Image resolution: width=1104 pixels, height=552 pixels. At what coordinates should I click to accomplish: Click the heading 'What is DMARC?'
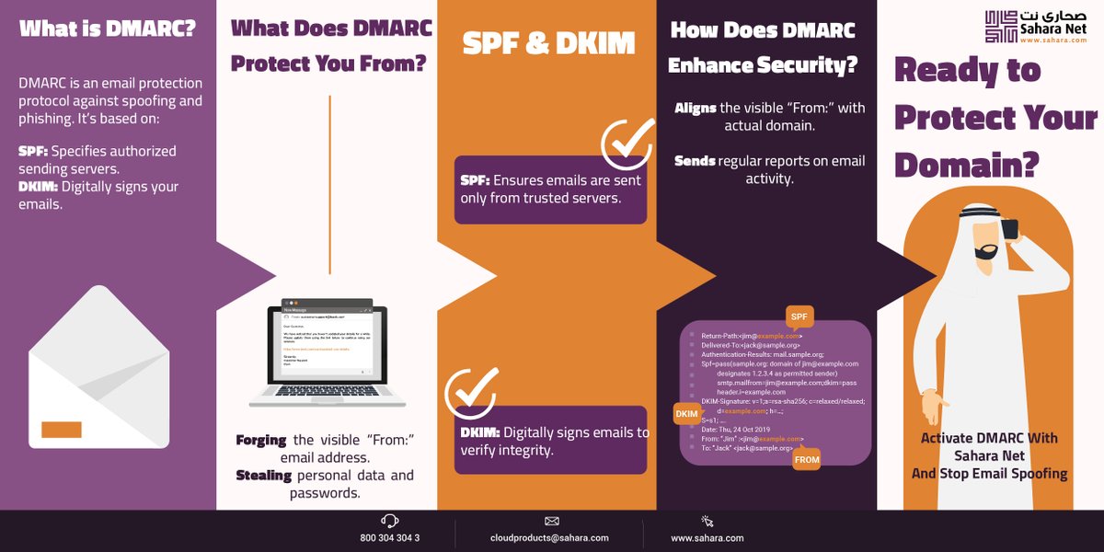[x=108, y=28]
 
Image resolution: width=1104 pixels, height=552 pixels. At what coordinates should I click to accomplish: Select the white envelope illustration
[x=98, y=367]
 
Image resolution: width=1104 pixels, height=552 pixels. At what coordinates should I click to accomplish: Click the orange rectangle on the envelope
[x=62, y=430]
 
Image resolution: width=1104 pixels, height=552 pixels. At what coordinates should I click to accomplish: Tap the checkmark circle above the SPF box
[x=627, y=144]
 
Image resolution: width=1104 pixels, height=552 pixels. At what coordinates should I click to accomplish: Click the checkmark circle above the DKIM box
[x=471, y=394]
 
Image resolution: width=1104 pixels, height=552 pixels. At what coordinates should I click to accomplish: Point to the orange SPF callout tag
[x=799, y=317]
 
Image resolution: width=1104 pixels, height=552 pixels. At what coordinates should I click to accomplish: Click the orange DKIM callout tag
[x=686, y=414]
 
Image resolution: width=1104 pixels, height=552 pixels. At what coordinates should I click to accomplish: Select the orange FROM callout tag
[x=806, y=458]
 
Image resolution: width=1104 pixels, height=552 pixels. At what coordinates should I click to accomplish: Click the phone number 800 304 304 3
[x=390, y=538]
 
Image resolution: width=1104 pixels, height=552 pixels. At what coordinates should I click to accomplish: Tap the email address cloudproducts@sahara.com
[x=549, y=538]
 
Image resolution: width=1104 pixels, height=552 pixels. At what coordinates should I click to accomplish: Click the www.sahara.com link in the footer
[x=707, y=538]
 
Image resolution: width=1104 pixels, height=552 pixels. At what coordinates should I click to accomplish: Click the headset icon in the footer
[x=390, y=521]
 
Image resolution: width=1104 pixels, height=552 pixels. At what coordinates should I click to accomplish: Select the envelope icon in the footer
[x=552, y=521]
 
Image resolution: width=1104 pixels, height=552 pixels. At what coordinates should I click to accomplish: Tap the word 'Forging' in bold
[x=261, y=440]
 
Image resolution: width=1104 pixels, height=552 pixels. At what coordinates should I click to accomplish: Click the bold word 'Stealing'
[x=263, y=476]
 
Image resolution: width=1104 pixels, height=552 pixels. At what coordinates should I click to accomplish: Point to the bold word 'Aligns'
[x=696, y=108]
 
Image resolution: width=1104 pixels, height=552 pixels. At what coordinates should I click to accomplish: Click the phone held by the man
[x=1009, y=228]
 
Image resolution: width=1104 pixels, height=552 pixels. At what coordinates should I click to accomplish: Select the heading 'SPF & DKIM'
[x=548, y=42]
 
